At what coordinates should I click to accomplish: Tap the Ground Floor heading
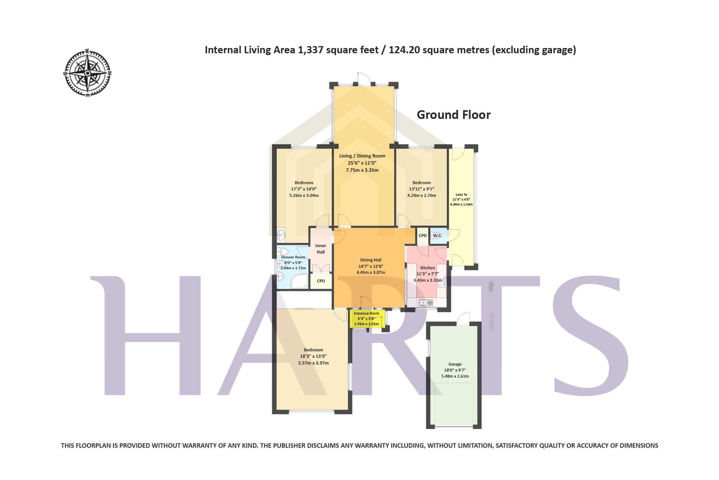click(x=453, y=115)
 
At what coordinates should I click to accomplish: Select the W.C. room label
click(x=438, y=235)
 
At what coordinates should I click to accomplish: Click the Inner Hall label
click(x=321, y=249)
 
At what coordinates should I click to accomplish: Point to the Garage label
click(x=455, y=364)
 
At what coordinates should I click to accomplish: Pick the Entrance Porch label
click(x=366, y=313)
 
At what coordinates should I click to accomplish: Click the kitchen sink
click(x=427, y=302)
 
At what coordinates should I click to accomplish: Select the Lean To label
click(x=461, y=195)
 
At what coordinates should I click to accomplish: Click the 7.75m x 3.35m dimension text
click(x=362, y=170)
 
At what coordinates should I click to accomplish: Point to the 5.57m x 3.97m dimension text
click(x=313, y=363)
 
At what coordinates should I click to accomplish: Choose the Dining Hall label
click(x=371, y=260)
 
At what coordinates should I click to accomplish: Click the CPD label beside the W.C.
click(x=423, y=235)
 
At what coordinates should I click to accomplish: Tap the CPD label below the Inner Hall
click(x=321, y=281)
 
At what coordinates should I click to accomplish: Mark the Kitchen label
click(x=428, y=268)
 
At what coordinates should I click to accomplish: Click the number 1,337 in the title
click(x=310, y=50)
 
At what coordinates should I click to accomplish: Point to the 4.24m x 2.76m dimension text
click(x=422, y=195)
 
